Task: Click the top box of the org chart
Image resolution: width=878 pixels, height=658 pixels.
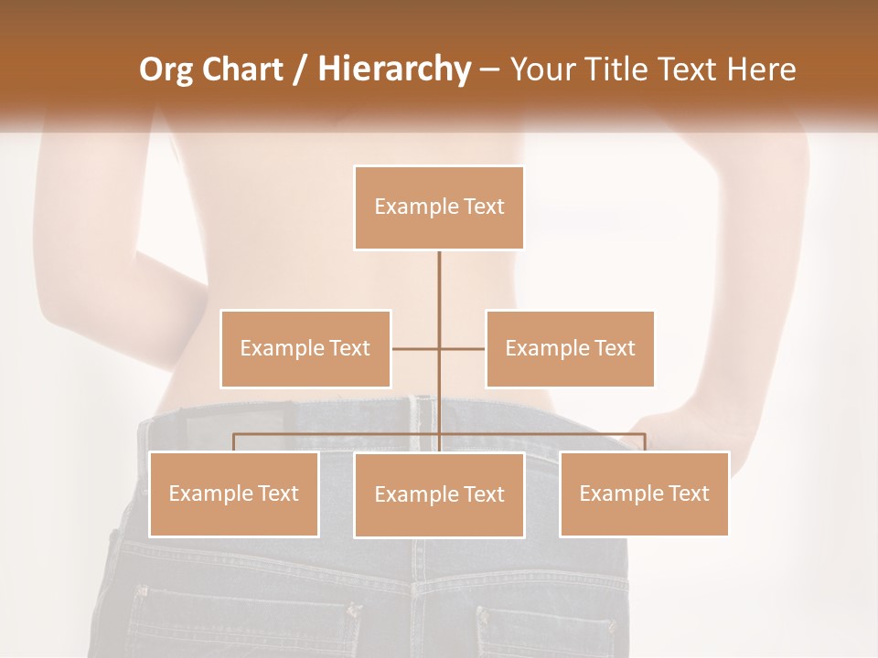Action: click(x=439, y=207)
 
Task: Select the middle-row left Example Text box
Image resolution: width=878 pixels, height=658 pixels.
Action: click(x=305, y=348)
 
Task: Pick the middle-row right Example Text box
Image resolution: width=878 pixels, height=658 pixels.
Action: click(x=570, y=348)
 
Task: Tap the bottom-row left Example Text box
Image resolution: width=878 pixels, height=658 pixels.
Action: click(x=234, y=493)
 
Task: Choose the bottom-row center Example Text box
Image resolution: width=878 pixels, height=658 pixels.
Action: click(x=439, y=494)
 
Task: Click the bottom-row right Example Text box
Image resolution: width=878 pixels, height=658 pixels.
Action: click(x=644, y=493)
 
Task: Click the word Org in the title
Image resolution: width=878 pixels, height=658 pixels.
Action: click(x=166, y=69)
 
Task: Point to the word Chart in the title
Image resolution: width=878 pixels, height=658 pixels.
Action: click(x=242, y=69)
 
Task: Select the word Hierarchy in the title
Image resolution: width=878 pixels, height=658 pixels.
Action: click(x=394, y=69)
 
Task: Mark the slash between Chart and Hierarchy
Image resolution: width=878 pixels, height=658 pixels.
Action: click(x=300, y=70)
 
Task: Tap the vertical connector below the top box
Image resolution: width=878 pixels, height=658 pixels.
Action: click(x=439, y=283)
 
